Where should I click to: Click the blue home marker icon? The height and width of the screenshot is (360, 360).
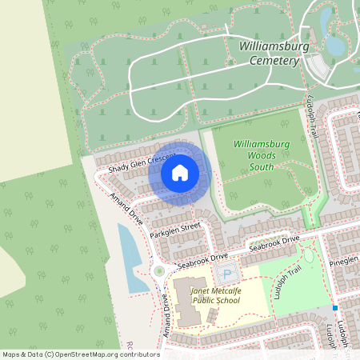tap(180, 173)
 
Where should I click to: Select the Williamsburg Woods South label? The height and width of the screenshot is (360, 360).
tap(260, 154)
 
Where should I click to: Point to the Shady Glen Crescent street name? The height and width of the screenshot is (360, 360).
tap(142, 162)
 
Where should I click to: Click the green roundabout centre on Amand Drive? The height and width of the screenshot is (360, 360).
tap(158, 270)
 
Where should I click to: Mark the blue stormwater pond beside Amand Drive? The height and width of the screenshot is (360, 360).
tap(128, 248)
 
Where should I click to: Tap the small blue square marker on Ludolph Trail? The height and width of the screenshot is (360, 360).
tap(336, 307)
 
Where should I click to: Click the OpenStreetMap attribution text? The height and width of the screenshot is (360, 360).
tap(80, 354)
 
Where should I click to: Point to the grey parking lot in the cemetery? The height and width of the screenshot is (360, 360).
tap(320, 67)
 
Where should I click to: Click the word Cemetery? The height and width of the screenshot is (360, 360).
tap(274, 60)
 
